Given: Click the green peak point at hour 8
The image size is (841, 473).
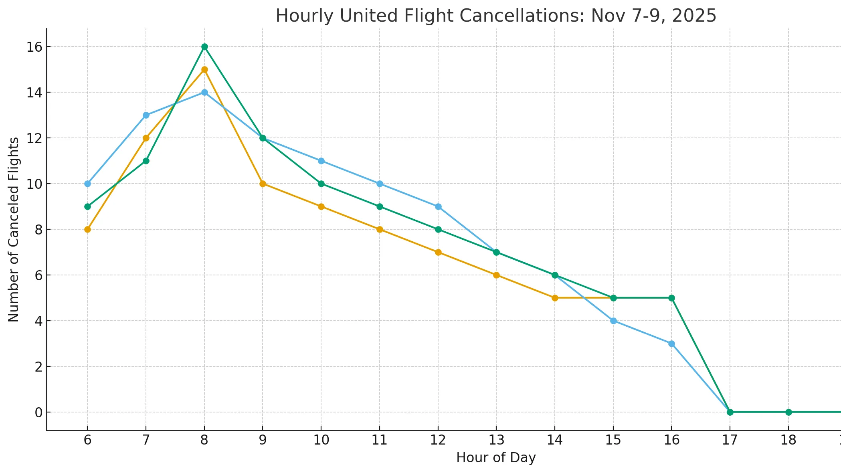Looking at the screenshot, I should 204,46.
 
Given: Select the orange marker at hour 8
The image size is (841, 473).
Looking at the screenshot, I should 204,69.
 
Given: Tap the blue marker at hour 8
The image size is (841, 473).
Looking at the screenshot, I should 204,92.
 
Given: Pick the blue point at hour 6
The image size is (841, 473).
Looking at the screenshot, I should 87,184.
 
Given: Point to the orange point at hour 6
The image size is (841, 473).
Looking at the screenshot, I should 87,229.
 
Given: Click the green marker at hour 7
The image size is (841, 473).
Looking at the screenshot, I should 146,161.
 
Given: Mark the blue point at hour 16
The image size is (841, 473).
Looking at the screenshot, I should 671,344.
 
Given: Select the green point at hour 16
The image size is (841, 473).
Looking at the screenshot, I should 671,298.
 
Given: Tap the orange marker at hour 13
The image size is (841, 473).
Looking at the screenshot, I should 496,275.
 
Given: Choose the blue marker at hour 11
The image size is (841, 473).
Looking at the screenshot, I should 380,184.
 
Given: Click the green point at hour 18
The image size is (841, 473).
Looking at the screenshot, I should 788,412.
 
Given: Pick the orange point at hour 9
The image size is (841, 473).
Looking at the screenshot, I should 263,184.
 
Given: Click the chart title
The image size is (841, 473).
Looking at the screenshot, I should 495,16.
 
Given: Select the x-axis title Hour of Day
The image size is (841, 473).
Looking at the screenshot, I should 496,458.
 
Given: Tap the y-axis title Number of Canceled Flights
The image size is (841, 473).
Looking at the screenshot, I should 14,229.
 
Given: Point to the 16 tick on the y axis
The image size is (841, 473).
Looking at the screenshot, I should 34,47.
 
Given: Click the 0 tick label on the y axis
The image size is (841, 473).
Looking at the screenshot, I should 38,412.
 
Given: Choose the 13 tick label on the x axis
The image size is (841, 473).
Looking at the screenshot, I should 496,440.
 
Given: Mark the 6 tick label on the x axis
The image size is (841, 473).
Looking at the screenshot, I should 87,440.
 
